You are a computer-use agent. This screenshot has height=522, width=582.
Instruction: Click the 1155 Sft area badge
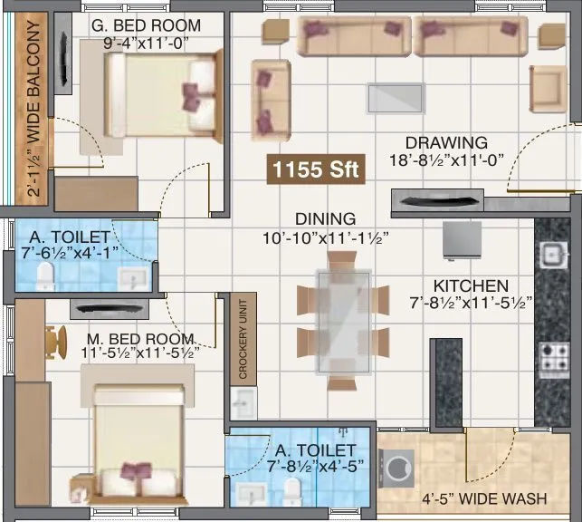pos(315,169)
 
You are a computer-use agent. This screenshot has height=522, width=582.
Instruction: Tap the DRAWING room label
pos(446,142)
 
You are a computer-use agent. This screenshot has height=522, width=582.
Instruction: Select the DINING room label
pos(324,219)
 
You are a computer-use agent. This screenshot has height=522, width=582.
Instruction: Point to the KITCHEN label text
pos(470,285)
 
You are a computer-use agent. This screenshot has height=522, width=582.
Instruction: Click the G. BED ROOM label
pos(147,25)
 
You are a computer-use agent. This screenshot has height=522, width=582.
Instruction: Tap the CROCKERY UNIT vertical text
pos(242,338)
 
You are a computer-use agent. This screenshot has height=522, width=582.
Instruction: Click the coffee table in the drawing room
pos(395,96)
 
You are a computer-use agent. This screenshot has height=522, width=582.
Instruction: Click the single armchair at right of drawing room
pos(548,88)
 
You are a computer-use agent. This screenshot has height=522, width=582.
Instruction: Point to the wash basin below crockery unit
pos(242,401)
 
